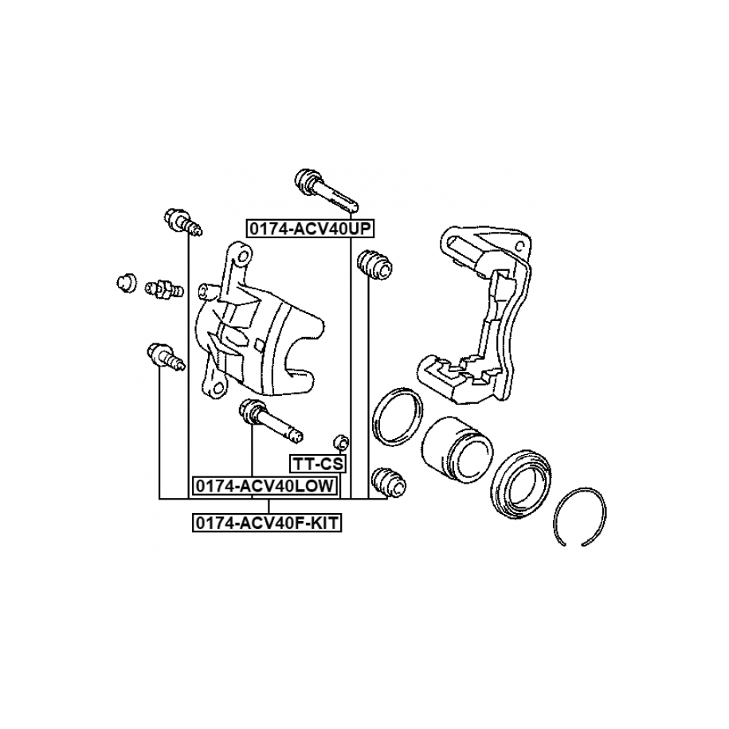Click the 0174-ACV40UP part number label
[310, 229]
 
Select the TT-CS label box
[316, 464]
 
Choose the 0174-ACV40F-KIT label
[267, 523]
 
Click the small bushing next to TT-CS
[340, 441]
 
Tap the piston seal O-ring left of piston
[396, 415]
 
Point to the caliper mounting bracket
[478, 319]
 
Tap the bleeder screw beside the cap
[164, 288]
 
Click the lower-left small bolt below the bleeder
[165, 355]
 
